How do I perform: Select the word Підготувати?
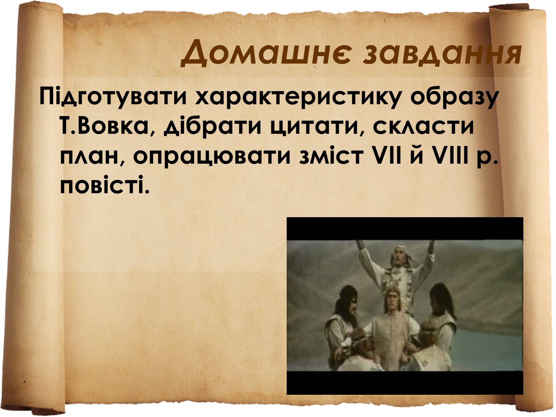113,98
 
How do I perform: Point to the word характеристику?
298,98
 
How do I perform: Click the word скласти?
423,126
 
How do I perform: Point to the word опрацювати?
212,157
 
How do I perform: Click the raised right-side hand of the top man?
430,245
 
